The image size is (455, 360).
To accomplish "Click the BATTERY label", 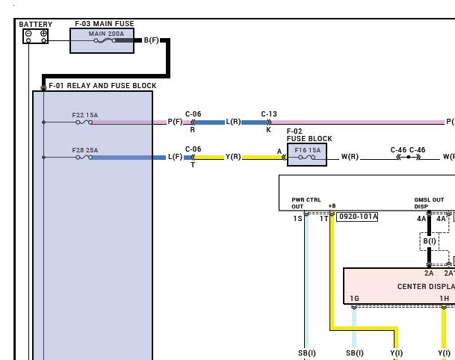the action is click(35, 25).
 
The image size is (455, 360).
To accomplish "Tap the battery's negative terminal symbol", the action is click(28, 34).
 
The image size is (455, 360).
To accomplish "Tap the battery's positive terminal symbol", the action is click(43, 34).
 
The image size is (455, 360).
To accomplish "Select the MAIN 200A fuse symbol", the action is click(105, 40).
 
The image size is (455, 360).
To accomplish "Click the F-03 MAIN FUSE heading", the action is click(105, 23).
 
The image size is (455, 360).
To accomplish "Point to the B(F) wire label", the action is click(152, 40).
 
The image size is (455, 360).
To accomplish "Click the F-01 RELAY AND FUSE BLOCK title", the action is click(102, 86).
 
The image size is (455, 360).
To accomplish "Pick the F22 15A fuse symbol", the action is click(84, 122).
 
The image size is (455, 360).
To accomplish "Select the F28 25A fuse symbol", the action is click(84, 158).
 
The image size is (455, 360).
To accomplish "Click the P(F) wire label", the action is click(176, 122).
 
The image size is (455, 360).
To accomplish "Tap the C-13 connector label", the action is click(269, 114).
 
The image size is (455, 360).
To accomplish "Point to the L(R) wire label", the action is click(233, 122).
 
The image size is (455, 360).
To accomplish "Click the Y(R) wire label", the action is click(233, 157).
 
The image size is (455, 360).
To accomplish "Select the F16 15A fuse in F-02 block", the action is click(307, 158).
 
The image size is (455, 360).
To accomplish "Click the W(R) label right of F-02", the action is click(350, 157).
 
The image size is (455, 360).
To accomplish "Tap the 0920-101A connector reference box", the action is click(357, 217).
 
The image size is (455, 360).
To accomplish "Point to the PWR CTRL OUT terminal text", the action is click(306, 203).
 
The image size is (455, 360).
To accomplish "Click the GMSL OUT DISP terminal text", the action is click(429, 203).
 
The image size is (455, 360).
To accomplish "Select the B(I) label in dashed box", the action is click(430, 241).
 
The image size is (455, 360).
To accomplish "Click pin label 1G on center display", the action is click(354, 298).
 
